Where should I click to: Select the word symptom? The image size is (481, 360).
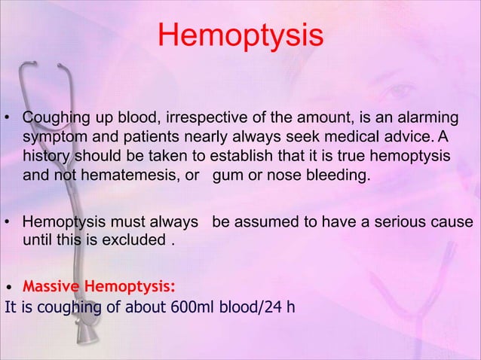coord(51,139)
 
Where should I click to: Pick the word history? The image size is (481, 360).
coord(46,157)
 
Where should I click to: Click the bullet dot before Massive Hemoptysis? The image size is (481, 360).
coord(8,288)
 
